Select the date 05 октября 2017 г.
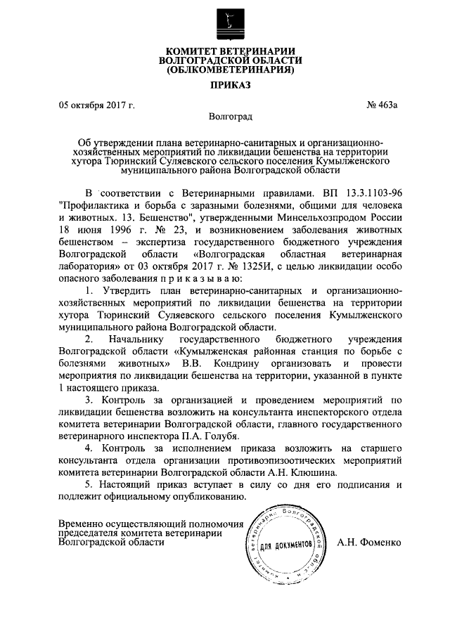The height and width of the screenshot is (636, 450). tap(96, 105)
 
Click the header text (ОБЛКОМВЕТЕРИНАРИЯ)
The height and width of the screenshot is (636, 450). tap(224, 70)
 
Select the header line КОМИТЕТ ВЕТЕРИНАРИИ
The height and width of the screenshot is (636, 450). tap(224, 51)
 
